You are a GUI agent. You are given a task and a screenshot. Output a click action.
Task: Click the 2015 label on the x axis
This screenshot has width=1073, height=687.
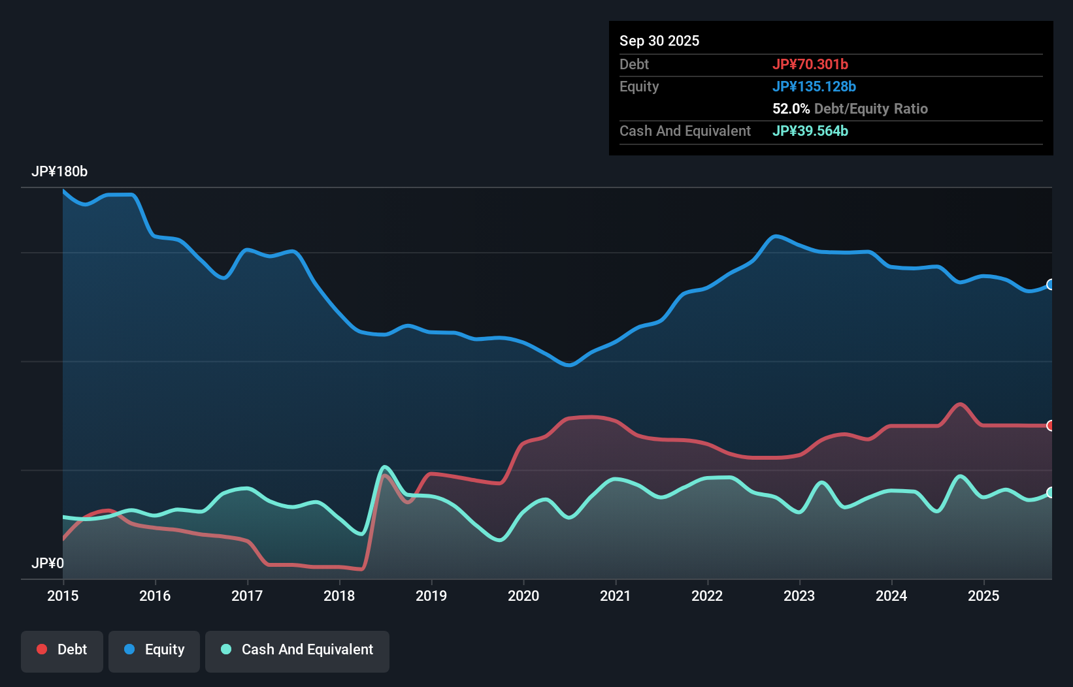click(63, 596)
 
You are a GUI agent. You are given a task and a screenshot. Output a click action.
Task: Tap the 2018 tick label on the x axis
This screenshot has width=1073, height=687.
click(339, 596)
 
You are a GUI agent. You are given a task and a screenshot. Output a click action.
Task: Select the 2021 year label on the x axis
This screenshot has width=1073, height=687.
click(615, 596)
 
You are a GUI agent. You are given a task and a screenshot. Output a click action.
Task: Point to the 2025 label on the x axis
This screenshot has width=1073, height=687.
click(983, 596)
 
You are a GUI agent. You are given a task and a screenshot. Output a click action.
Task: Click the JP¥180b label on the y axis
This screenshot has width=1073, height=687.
click(59, 172)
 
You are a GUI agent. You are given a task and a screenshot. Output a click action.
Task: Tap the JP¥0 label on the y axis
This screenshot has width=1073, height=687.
click(48, 563)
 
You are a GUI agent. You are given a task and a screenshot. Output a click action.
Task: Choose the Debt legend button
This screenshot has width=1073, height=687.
click(62, 650)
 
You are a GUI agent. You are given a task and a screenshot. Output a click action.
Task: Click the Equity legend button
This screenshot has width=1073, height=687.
click(154, 650)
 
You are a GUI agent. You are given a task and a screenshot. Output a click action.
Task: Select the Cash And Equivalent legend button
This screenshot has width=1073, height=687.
click(297, 650)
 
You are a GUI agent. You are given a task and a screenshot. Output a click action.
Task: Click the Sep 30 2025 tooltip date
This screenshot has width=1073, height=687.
click(659, 40)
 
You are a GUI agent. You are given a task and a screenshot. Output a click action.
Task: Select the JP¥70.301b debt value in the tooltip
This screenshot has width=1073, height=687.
click(810, 64)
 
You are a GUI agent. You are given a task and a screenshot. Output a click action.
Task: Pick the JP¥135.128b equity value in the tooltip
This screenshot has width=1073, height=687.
click(814, 86)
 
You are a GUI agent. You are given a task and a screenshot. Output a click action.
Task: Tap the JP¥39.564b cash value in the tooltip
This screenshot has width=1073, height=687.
click(810, 131)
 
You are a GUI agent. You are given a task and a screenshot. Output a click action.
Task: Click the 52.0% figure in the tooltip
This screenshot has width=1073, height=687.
click(791, 108)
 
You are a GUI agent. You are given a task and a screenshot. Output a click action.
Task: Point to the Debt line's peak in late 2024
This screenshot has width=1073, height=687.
click(959, 404)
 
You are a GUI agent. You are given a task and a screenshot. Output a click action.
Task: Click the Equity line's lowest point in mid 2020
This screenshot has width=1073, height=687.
click(569, 365)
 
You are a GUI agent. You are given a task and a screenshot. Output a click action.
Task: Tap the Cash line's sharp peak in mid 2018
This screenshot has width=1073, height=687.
click(385, 467)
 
